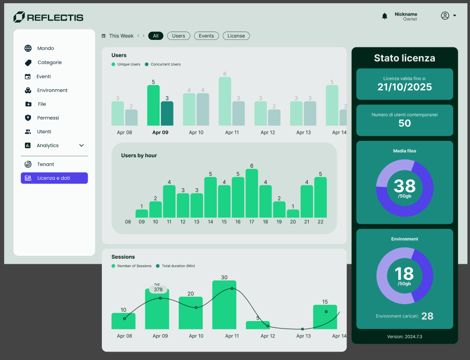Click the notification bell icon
pyautogui.click(x=385, y=16)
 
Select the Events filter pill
pyautogui.click(x=206, y=36)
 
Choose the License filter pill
pyautogui.click(x=236, y=36)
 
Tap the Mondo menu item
pyautogui.click(x=45, y=48)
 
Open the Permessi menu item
pyautogui.click(x=48, y=118)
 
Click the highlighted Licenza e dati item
pyautogui.click(x=54, y=178)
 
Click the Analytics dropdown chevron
pyautogui.click(x=82, y=146)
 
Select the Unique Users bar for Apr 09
pyautogui.click(x=153, y=105)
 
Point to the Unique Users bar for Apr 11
pyautogui.click(x=225, y=101)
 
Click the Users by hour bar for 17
pyautogui.click(x=252, y=193)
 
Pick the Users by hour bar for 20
pyautogui.click(x=293, y=214)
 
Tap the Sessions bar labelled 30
pyautogui.click(x=224, y=305)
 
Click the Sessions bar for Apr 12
pyautogui.click(x=258, y=325)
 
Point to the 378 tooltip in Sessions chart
pyautogui.click(x=158, y=290)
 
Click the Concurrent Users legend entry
pyautogui.click(x=163, y=64)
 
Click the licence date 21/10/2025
pyautogui.click(x=404, y=87)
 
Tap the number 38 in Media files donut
pyautogui.click(x=404, y=186)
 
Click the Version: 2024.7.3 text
pyautogui.click(x=404, y=337)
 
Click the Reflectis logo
pyautogui.click(x=48, y=17)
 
